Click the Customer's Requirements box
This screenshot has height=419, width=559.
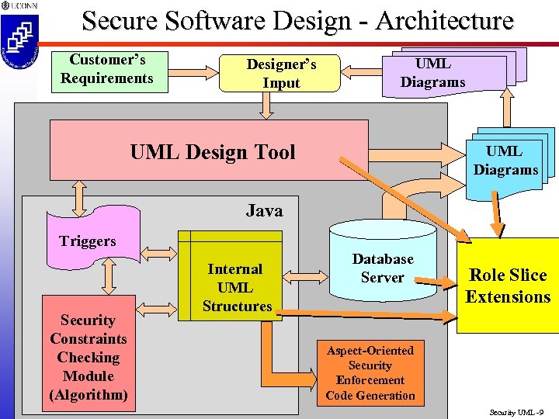coord(109,71)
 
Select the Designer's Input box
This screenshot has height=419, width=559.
coord(281,74)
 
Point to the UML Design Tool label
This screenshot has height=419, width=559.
coord(213,152)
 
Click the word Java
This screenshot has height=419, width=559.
coord(264,210)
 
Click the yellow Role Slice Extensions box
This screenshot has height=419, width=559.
coord(508,286)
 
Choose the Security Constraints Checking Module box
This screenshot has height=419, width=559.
coord(89,357)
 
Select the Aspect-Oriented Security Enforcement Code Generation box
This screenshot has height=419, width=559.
coord(370,372)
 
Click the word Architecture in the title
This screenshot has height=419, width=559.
coord(444,20)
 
